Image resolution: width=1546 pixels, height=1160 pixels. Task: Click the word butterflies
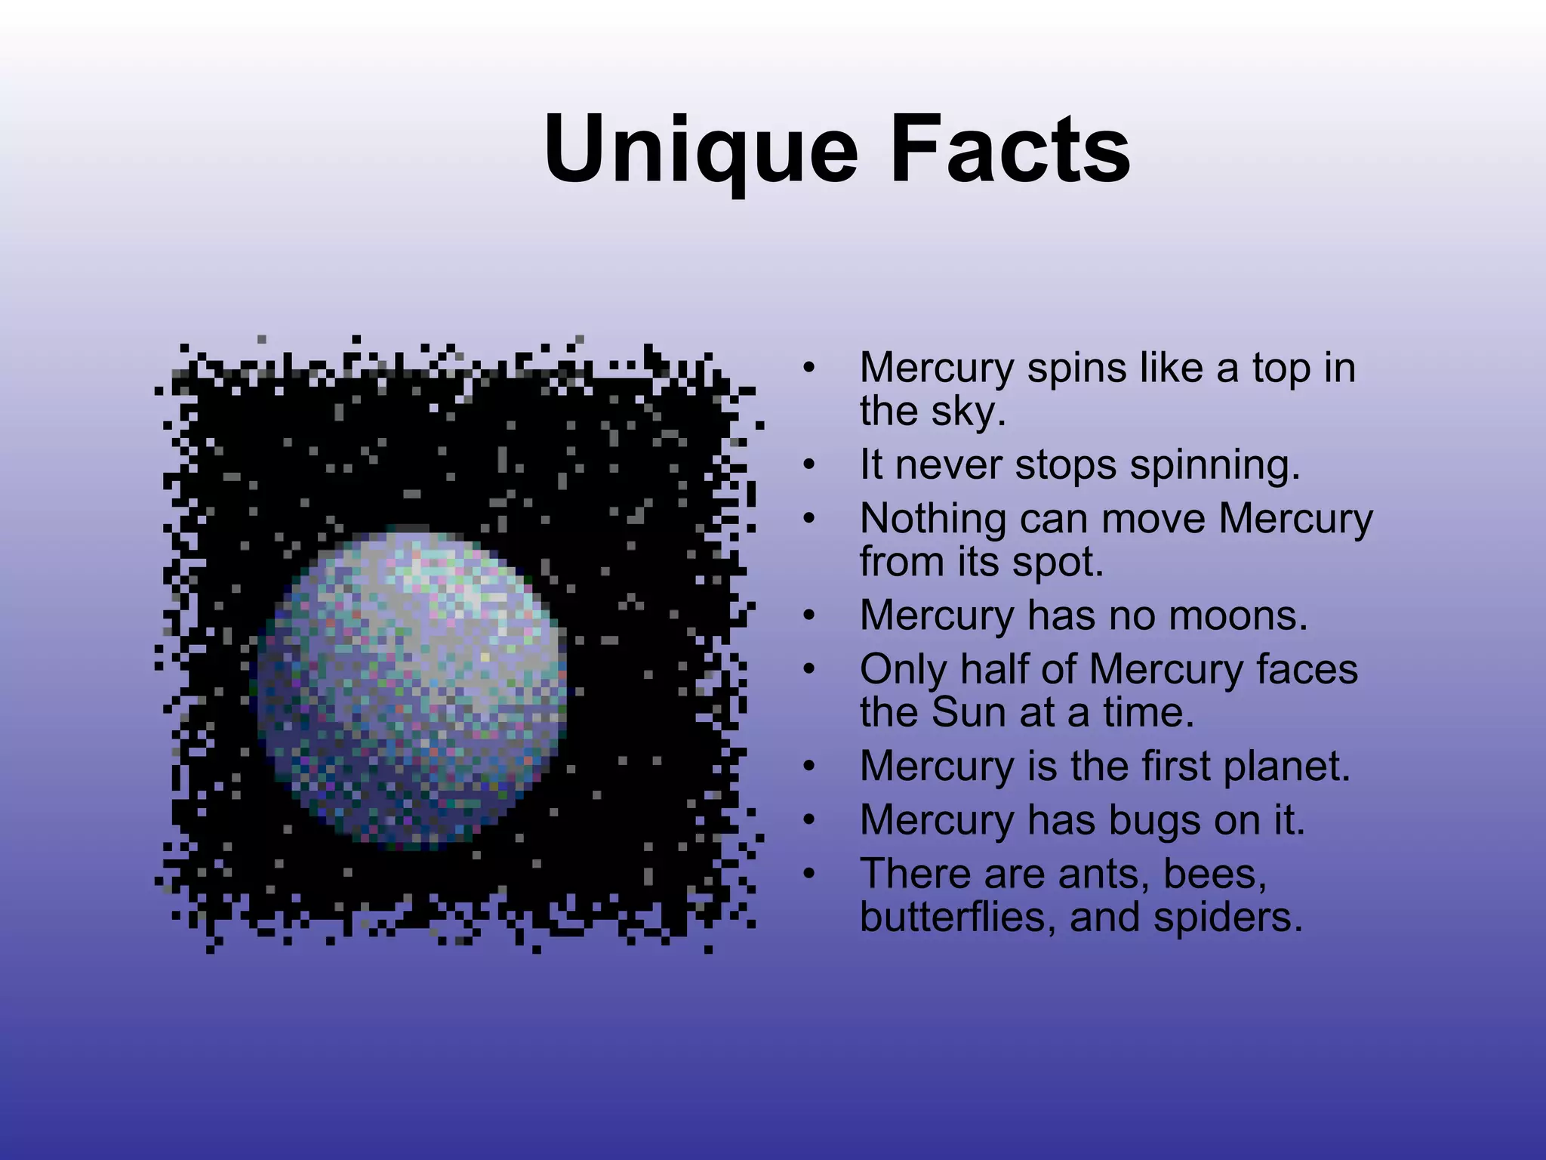pyautogui.click(x=958, y=917)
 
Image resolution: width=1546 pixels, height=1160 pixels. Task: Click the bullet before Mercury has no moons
pyautogui.click(x=809, y=616)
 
